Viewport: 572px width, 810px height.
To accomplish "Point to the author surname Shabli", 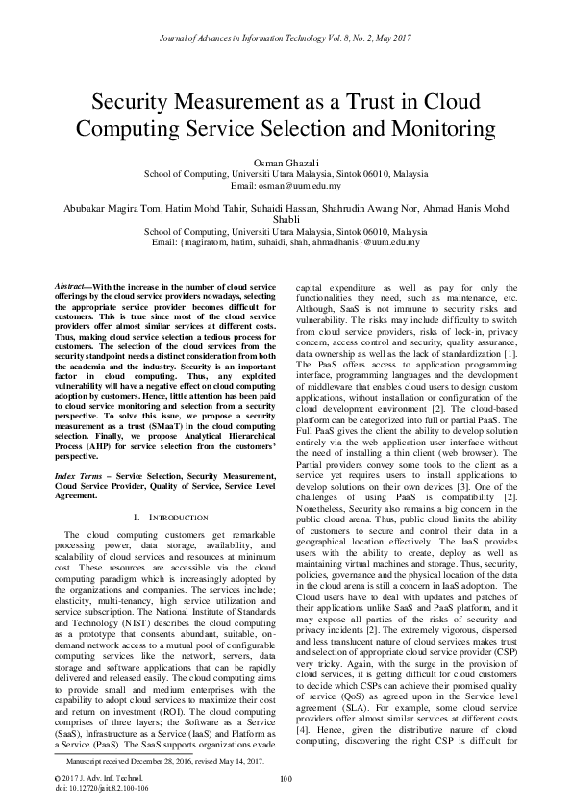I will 286,220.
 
